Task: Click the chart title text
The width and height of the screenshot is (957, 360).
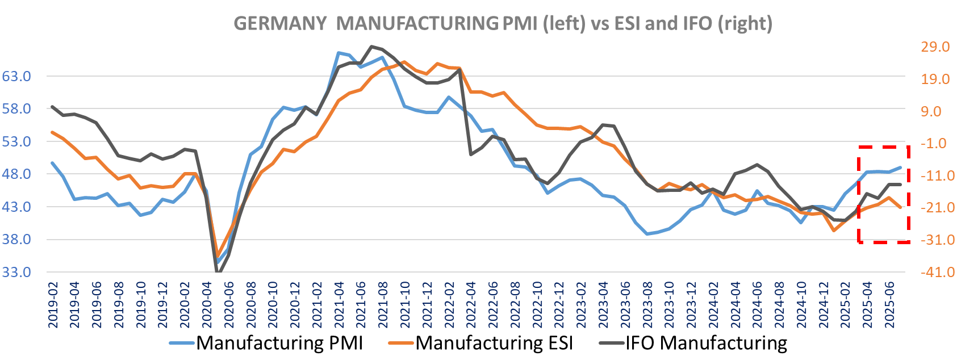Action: (x=503, y=23)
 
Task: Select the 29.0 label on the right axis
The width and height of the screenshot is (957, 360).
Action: (x=935, y=47)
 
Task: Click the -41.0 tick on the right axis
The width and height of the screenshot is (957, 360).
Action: (x=934, y=273)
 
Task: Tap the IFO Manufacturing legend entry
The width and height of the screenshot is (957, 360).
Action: (x=693, y=343)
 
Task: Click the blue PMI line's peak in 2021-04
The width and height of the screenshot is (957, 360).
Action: (x=338, y=53)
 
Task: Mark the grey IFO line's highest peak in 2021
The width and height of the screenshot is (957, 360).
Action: (x=371, y=47)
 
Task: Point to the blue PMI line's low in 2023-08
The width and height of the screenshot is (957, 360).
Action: (x=647, y=234)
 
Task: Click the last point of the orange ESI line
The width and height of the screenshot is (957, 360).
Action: (x=900, y=207)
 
